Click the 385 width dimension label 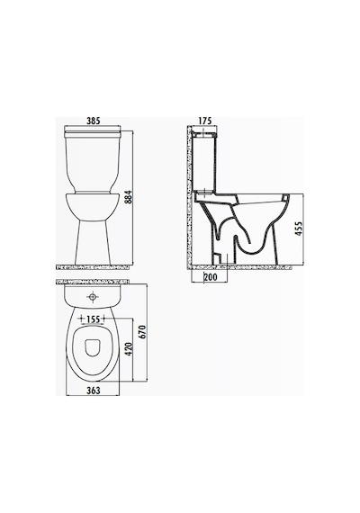pos(93,121)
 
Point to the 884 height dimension pos(129,196)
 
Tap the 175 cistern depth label pos(205,121)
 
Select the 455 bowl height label pos(299,229)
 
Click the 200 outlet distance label pos(211,277)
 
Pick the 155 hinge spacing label pos(93,319)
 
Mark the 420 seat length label pos(129,349)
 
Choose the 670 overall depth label pos(142,332)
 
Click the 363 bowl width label pos(93,391)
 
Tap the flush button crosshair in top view pos(93,297)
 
